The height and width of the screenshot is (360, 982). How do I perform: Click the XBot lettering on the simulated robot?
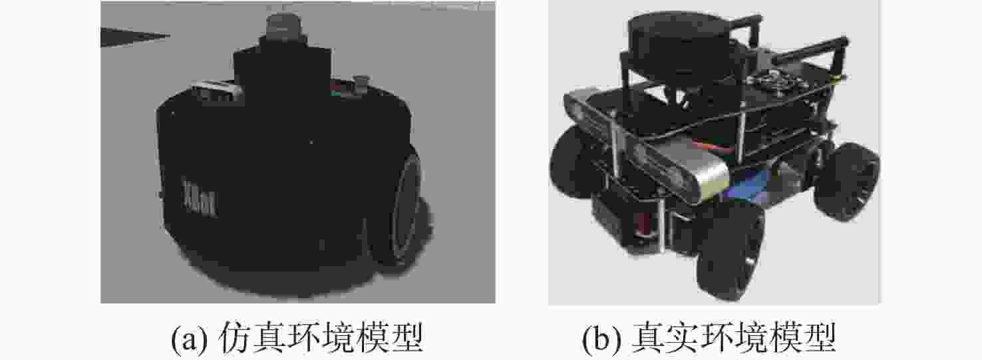pos(200,199)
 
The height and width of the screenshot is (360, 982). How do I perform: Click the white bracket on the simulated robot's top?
pos(216,90)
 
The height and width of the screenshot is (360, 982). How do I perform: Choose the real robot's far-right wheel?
pos(846,180)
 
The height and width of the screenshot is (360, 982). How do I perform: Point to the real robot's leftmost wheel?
pos(570,162)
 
